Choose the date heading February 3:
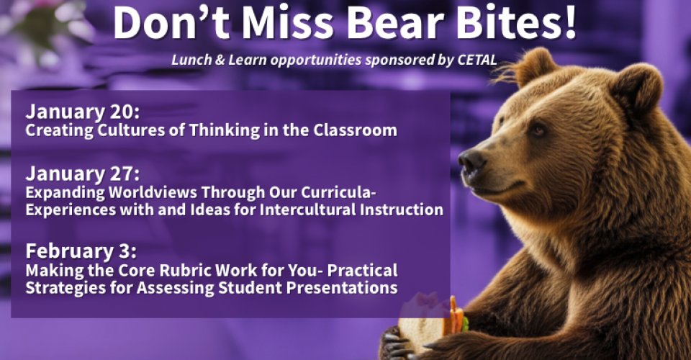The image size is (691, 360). pos(81,252)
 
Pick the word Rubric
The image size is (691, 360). pos(193,271)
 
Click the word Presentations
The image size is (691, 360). pos(346,288)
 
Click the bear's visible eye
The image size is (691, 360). pos(536,130)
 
